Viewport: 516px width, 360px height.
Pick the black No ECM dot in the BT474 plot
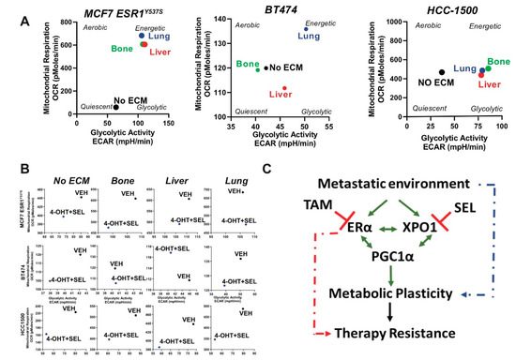click(266, 67)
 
